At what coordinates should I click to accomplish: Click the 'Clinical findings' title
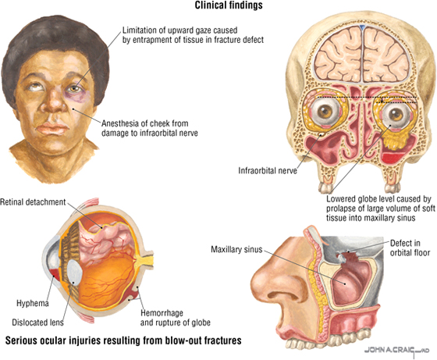pyautogui.click(x=229, y=5)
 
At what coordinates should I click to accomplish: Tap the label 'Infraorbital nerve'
pyautogui.click(x=268, y=170)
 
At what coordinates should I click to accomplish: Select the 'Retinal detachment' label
pyautogui.click(x=33, y=202)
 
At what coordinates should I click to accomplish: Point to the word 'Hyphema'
pyautogui.click(x=33, y=303)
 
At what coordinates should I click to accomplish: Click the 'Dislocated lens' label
pyautogui.click(x=37, y=323)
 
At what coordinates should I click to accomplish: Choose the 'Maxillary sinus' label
pyautogui.click(x=236, y=249)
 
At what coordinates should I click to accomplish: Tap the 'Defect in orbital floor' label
pyautogui.click(x=410, y=248)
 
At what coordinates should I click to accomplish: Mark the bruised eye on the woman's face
pyautogui.click(x=75, y=90)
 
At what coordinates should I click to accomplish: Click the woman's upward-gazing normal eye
pyautogui.click(x=37, y=87)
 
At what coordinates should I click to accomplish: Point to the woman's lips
pyautogui.click(x=53, y=128)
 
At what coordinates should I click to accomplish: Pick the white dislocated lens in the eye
pyautogui.click(x=74, y=273)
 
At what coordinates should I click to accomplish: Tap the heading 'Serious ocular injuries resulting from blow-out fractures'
pyautogui.click(x=123, y=340)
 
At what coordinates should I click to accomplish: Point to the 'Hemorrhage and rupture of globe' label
pyautogui.click(x=175, y=318)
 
